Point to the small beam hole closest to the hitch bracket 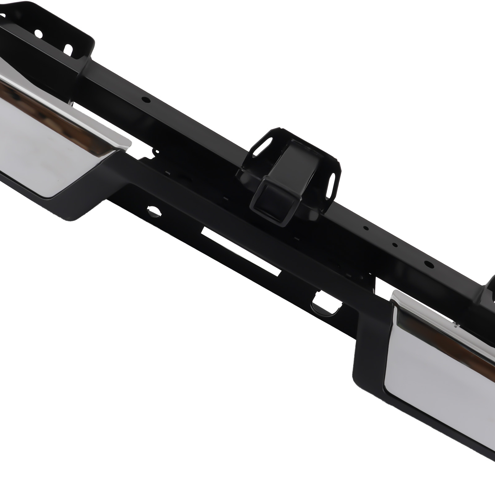[366, 228]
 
